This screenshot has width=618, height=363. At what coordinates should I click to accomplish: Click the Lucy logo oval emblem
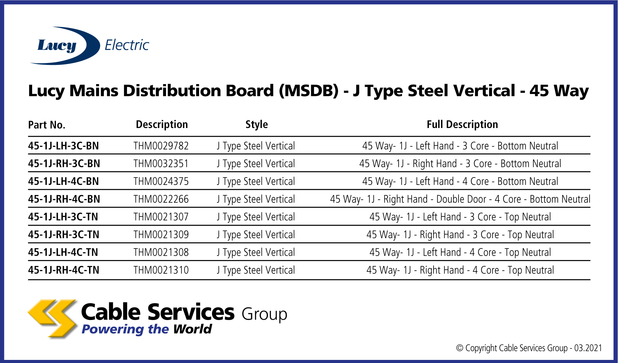[65, 46]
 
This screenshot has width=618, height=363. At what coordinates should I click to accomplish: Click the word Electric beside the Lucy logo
[127, 45]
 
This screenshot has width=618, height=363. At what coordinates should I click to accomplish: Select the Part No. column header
[47, 125]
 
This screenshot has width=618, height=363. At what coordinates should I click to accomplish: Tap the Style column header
[256, 125]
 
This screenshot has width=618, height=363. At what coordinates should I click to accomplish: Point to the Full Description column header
[462, 125]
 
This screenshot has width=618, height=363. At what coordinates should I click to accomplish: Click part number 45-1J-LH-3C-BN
[63, 146]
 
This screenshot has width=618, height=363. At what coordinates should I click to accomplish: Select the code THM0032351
[161, 164]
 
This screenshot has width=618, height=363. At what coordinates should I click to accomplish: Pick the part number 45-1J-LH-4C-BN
[63, 181]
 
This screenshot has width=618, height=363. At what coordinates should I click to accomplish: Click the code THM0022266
[161, 199]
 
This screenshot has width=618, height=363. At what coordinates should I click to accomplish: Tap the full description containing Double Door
[460, 199]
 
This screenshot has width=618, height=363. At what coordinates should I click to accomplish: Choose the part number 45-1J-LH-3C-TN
[63, 217]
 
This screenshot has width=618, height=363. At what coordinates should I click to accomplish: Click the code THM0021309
[161, 235]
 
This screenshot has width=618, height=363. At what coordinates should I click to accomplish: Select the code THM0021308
[161, 252]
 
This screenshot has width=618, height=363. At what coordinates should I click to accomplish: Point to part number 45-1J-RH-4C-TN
[64, 270]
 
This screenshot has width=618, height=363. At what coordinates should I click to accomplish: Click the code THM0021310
[161, 270]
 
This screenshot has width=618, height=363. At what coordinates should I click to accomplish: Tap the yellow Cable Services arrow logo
[53, 318]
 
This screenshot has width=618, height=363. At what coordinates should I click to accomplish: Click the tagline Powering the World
[147, 329]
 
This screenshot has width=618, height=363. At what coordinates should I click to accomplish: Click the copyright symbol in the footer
[460, 348]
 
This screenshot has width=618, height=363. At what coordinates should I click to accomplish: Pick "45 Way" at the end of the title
[559, 91]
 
